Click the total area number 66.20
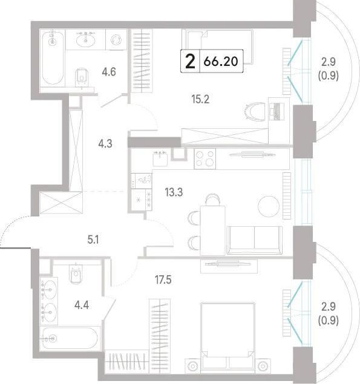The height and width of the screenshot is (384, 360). click(x=221, y=61)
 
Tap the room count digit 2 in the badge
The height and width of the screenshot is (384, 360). click(x=190, y=62)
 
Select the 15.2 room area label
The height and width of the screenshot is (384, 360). click(x=200, y=99)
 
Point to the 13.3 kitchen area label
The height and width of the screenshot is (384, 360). click(x=174, y=192)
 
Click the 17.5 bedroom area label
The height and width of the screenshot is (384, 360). click(x=163, y=279)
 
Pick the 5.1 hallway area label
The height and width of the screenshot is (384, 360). click(x=93, y=239)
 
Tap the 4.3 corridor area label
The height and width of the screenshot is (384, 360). click(x=105, y=144)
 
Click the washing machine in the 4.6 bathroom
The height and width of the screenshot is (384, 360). click(x=116, y=40)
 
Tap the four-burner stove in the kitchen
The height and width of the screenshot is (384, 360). click(x=205, y=158)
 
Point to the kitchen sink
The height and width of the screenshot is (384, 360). click(x=160, y=158)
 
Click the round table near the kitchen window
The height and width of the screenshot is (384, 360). click(x=269, y=206)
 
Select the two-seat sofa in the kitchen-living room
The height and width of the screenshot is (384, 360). click(x=254, y=240)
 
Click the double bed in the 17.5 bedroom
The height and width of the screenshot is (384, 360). click(x=228, y=336)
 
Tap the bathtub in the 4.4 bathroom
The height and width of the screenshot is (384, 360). click(x=70, y=339)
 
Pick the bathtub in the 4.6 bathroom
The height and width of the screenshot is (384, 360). click(x=53, y=58)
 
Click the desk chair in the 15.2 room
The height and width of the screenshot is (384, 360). click(x=255, y=112)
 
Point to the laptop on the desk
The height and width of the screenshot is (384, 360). click(x=276, y=111)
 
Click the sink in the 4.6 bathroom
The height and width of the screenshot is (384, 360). click(x=85, y=40)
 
